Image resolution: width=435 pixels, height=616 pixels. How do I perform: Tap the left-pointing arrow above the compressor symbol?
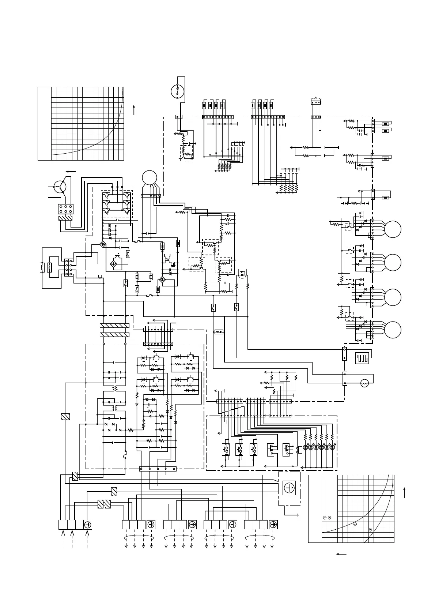click(x=71, y=171)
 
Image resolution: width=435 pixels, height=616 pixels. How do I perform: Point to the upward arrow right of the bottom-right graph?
click(x=404, y=492)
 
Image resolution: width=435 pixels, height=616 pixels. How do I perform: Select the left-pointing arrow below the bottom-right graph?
click(x=341, y=554)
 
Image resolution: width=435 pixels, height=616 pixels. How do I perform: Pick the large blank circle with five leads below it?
click(x=150, y=178)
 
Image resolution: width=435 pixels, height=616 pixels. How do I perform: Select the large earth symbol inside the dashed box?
click(x=290, y=488)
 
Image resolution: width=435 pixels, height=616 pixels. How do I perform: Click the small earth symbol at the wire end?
click(x=298, y=515)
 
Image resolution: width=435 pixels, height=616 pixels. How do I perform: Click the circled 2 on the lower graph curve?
click(x=370, y=529)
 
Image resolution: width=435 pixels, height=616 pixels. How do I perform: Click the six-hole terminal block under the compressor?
click(x=66, y=209)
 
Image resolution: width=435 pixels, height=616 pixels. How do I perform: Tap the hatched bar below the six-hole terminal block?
click(x=66, y=218)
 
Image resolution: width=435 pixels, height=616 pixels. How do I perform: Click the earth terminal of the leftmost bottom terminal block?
click(x=87, y=525)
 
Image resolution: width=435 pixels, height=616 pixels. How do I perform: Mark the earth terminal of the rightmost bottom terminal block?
click(x=272, y=525)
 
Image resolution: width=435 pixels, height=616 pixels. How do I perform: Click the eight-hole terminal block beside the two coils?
click(x=68, y=267)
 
